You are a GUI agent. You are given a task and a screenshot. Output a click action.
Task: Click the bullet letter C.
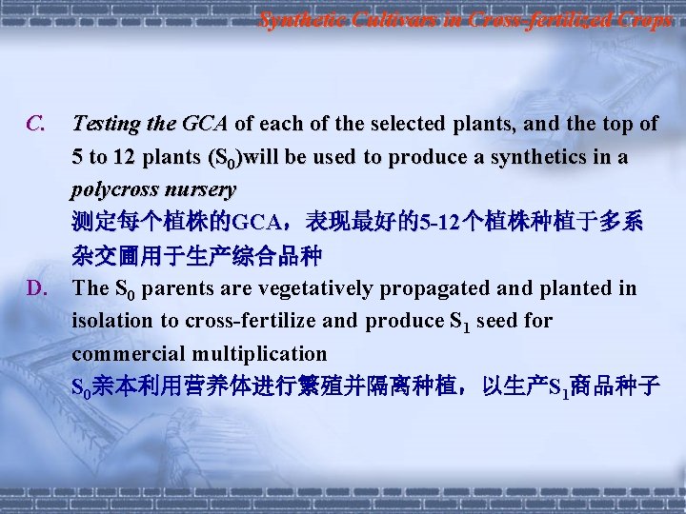point(35,124)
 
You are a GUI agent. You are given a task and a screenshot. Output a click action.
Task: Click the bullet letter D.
point(36,288)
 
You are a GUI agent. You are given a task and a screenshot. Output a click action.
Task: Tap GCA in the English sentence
point(205,124)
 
